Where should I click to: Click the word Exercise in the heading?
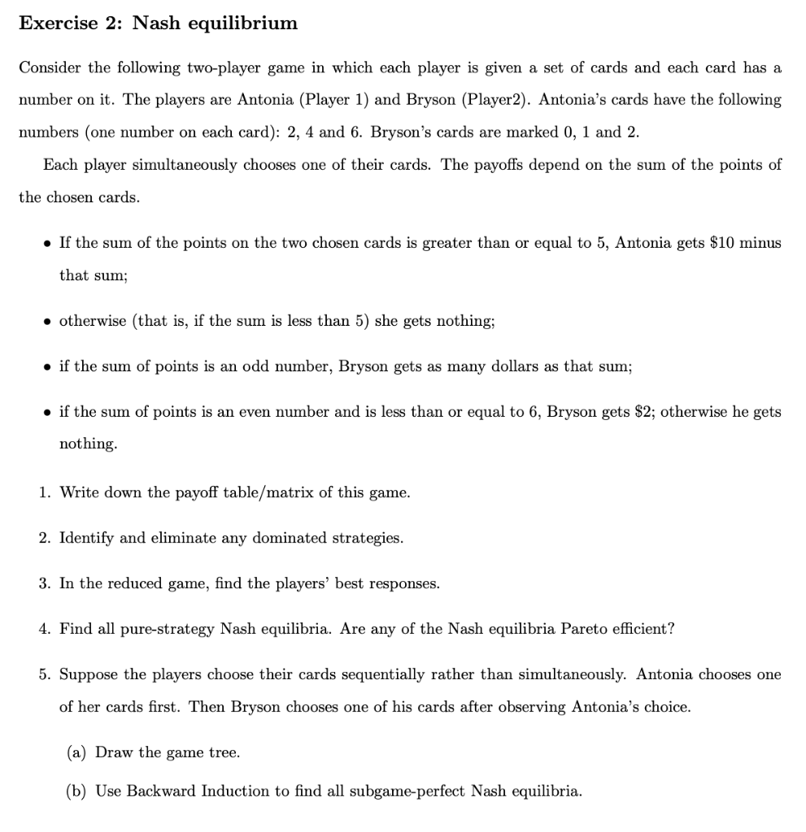pyautogui.click(x=56, y=24)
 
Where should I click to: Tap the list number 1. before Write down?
pyautogui.click(x=46, y=492)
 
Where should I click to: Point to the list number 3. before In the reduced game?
pyautogui.click(x=46, y=583)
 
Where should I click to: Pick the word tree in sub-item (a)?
pyautogui.click(x=224, y=752)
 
